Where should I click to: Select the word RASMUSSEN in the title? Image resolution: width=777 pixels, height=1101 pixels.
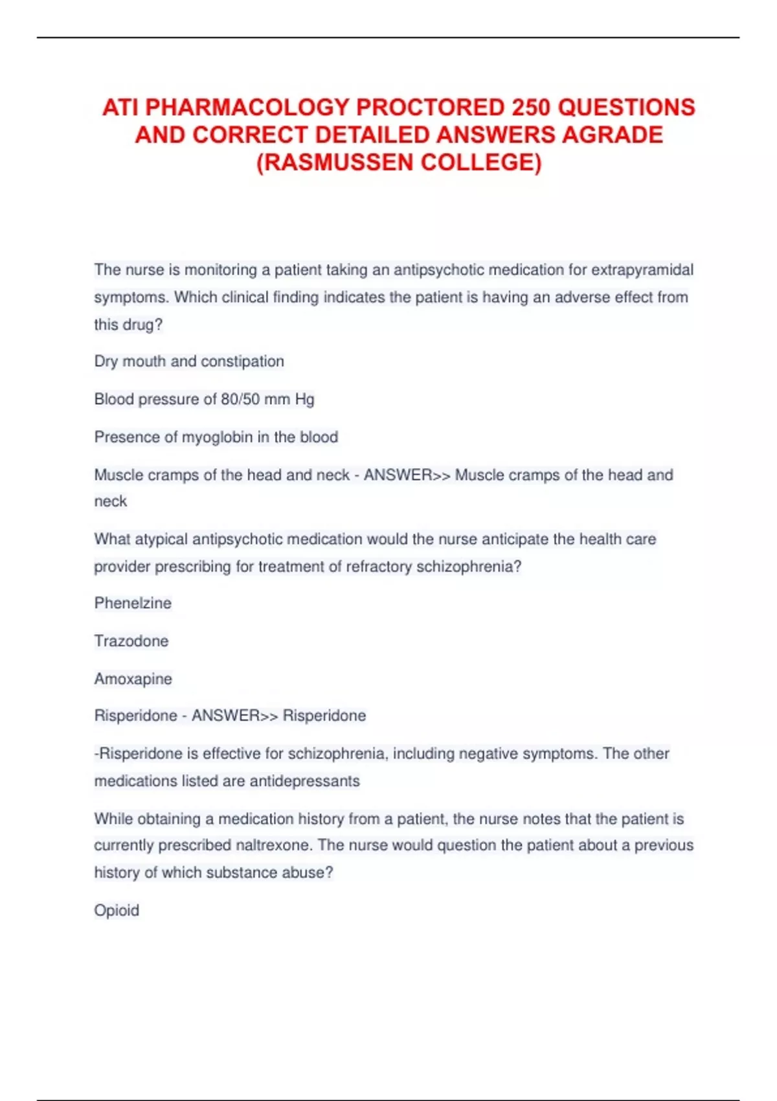(335, 163)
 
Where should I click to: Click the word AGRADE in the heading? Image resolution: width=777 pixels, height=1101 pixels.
(613, 135)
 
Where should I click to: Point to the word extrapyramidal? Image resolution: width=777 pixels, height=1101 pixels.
(642, 270)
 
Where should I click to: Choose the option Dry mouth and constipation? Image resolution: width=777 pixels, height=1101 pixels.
(189, 361)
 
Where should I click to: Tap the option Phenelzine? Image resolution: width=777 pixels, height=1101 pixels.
(133, 604)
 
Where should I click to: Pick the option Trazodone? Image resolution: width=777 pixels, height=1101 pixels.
(131, 641)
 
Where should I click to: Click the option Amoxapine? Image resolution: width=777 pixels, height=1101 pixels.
(133, 679)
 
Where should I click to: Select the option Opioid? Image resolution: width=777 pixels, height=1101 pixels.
(117, 911)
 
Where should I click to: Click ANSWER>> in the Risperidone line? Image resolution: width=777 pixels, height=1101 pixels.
(234, 716)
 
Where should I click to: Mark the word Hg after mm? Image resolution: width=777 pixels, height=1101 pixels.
(304, 400)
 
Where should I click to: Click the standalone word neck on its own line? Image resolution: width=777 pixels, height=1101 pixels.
(111, 502)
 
